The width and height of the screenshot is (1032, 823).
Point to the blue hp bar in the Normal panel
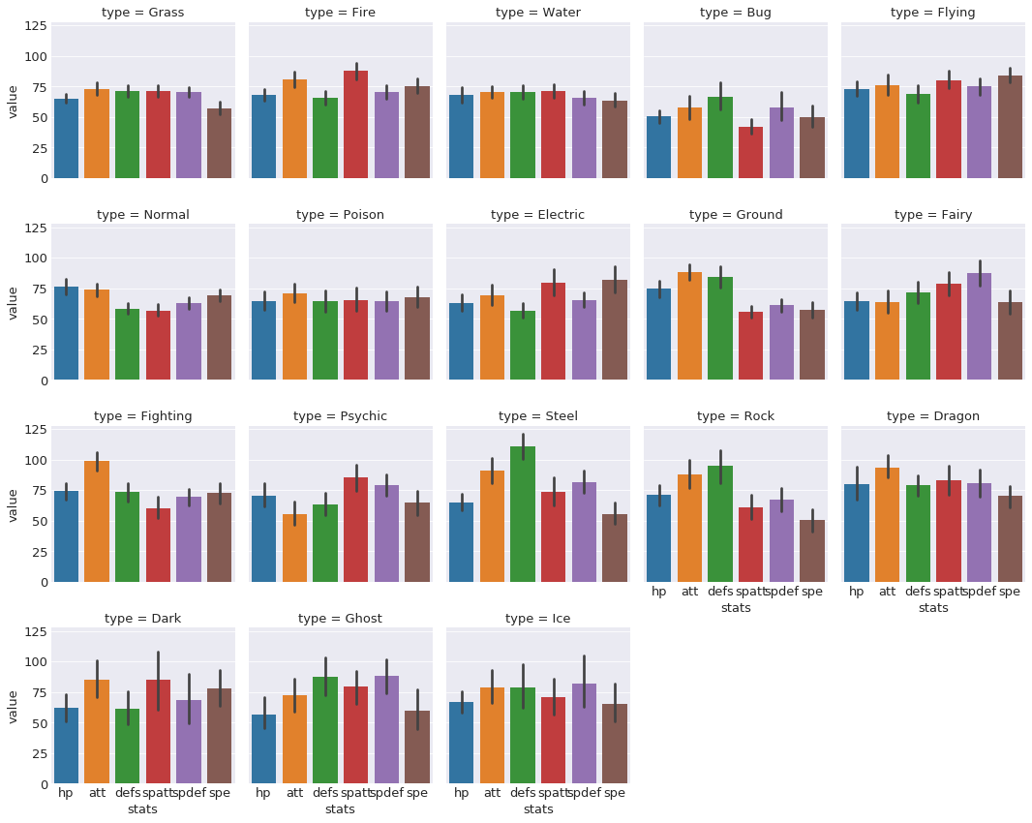[66, 333]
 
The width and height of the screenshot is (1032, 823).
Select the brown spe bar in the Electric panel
[615, 330]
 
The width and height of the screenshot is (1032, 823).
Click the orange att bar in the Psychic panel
[294, 548]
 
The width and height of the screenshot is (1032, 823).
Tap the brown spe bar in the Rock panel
[812, 551]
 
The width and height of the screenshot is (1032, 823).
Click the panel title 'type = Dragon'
[932, 416]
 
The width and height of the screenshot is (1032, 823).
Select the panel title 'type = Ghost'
[340, 618]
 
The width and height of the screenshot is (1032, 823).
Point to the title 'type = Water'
[537, 13]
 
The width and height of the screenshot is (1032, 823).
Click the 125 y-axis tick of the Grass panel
[34, 26]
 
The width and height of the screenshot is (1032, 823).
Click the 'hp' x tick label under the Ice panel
[461, 793]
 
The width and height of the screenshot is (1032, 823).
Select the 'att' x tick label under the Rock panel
[689, 591]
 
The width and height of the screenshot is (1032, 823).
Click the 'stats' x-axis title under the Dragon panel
[932, 607]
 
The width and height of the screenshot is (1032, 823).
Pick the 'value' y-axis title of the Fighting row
[13, 505]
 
